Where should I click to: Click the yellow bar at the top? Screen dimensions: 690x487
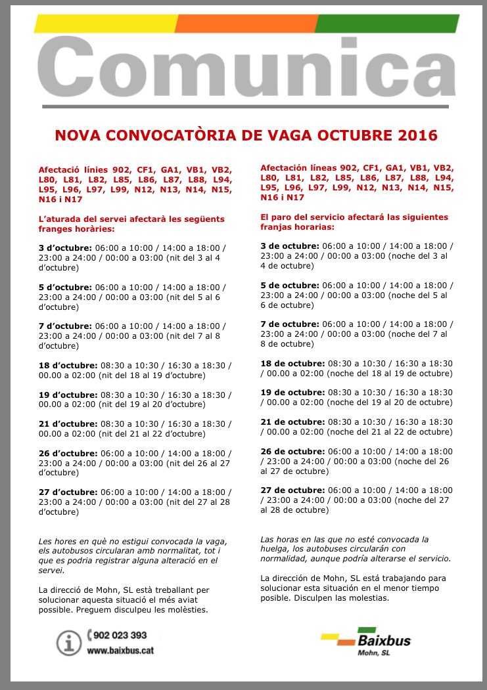tap(105, 24)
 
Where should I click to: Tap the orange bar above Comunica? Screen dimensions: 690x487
tap(246, 24)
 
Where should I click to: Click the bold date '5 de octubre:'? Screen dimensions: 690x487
tap(290, 285)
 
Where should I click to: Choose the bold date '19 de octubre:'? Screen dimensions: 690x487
tap(292, 392)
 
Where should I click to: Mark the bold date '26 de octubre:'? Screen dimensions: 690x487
tap(292, 452)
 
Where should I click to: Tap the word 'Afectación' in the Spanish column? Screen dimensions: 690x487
tap(287, 167)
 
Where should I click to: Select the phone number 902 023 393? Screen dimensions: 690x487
tap(119, 636)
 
